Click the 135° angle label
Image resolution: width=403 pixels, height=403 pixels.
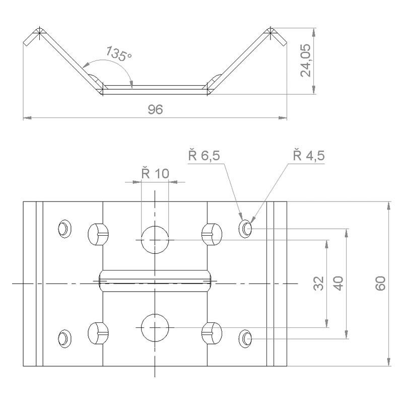(x=119, y=54)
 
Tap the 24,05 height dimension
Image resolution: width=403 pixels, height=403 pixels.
(x=306, y=60)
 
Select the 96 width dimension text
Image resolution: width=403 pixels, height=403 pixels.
(x=155, y=109)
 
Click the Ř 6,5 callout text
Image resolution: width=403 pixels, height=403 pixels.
(x=204, y=155)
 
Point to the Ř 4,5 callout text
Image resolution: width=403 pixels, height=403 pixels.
(x=309, y=155)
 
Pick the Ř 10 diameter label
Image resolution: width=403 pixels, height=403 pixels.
(x=155, y=173)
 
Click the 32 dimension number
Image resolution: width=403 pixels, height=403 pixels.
(x=319, y=283)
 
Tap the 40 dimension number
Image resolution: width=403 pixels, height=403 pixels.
(x=339, y=283)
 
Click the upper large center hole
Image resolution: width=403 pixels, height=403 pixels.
(x=155, y=240)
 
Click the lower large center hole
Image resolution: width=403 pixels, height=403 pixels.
(x=155, y=327)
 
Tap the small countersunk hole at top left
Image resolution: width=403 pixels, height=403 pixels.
(x=64, y=229)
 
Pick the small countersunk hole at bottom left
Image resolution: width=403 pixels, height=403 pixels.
(x=64, y=339)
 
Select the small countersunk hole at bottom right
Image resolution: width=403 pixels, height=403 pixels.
(x=245, y=339)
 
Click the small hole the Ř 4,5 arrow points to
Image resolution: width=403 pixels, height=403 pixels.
(x=245, y=229)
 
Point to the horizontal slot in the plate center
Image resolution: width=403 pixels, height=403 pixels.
(x=155, y=281)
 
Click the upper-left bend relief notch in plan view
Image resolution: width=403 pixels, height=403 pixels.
(x=98, y=234)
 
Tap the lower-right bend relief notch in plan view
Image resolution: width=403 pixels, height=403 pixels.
(x=212, y=333)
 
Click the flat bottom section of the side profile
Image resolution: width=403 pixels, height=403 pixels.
(x=155, y=90)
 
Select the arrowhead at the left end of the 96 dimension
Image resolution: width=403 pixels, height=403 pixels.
(x=27, y=118)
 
